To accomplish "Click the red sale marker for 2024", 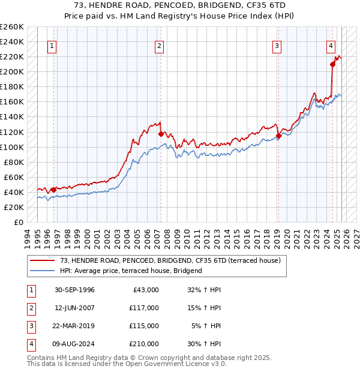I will pos(332,64).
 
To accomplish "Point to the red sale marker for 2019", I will pos(278,136).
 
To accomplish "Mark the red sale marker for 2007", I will pos(161,134).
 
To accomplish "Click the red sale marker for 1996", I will pos(53,190).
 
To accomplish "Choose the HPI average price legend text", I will pos(131,271).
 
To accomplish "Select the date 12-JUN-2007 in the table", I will pos(74,308).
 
